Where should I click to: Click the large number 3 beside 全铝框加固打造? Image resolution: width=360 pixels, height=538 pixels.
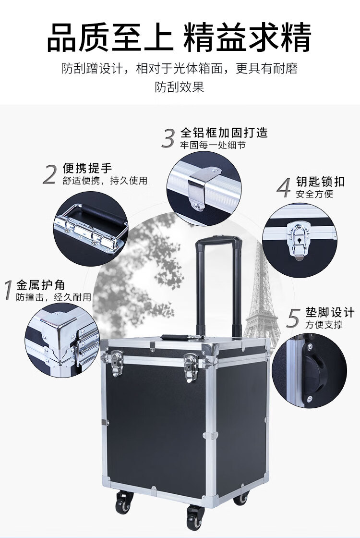[168, 138]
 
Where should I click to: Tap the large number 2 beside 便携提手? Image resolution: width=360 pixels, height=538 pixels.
[50, 174]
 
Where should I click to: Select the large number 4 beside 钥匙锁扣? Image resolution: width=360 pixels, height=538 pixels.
[284, 188]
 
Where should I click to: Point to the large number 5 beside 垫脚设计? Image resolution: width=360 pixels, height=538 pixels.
[293, 318]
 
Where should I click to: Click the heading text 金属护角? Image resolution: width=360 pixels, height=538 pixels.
[40, 285]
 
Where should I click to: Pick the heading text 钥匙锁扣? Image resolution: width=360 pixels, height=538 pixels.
[320, 182]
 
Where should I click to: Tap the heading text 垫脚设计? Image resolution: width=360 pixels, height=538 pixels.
[330, 312]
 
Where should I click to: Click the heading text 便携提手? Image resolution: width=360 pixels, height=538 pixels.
[87, 168]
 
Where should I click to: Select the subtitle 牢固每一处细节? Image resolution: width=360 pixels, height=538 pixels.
[213, 145]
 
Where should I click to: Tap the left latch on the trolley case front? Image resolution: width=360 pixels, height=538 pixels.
[117, 363]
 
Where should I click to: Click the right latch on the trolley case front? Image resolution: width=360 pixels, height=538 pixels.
[191, 368]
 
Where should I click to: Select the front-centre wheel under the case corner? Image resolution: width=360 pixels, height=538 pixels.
[195, 517]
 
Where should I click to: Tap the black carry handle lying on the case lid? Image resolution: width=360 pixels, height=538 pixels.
[182, 337]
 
